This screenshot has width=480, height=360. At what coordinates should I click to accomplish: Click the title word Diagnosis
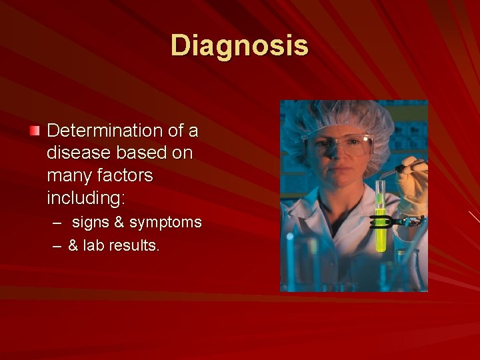pyautogui.click(x=239, y=45)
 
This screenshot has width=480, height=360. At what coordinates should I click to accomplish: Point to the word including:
pyautogui.click(x=86, y=199)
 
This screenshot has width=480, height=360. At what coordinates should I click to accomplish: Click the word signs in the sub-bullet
pyautogui.click(x=91, y=222)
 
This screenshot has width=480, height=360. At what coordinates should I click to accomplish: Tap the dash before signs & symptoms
pyautogui.click(x=59, y=223)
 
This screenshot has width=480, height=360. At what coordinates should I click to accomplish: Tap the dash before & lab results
pyautogui.click(x=58, y=246)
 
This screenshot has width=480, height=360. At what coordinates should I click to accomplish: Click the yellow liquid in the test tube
pyautogui.click(x=381, y=233)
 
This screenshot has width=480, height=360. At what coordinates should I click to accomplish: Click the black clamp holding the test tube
pyautogui.click(x=397, y=221)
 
